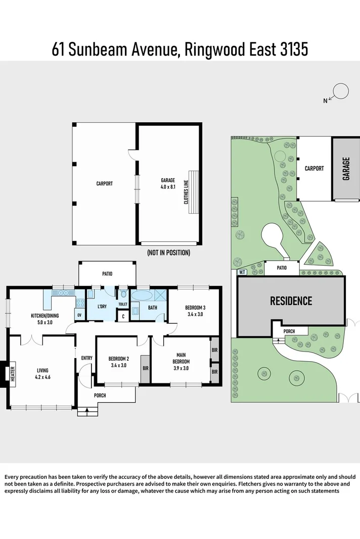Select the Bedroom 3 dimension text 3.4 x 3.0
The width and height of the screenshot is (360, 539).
click(195, 314)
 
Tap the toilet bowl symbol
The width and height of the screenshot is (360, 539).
click(123, 295)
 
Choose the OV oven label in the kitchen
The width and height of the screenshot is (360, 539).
click(79, 315)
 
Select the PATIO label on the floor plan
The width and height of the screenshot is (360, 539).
click(107, 274)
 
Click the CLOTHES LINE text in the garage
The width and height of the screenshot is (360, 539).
click(187, 192)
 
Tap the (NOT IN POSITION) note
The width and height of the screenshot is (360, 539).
click(168, 253)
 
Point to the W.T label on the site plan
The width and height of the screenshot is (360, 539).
click(242, 272)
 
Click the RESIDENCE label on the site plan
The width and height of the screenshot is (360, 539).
click(291, 301)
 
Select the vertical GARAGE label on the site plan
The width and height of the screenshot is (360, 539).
click(346, 169)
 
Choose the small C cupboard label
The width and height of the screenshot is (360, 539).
click(123, 316)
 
